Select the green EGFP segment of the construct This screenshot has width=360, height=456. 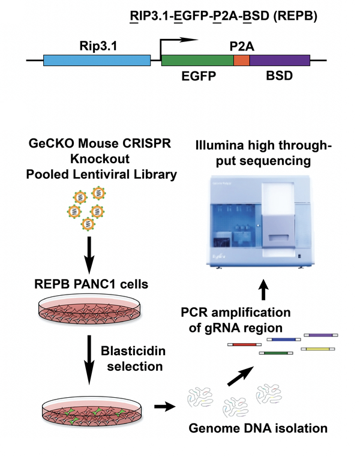point(197,60)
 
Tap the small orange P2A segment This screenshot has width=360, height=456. point(241,60)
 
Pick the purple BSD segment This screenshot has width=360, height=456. point(279,60)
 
